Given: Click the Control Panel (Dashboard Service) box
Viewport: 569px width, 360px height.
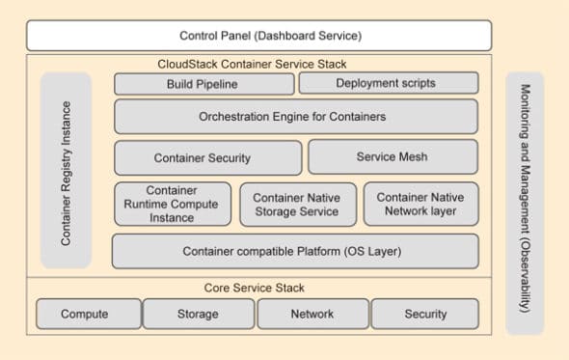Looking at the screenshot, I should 272,36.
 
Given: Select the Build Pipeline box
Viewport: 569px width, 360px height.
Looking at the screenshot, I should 203,84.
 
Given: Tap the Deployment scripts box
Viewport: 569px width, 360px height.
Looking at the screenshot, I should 388,84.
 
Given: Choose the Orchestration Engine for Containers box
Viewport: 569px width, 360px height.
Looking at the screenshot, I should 295,117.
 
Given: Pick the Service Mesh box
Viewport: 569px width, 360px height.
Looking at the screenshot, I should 393,157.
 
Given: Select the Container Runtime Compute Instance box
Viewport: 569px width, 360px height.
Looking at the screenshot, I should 173,204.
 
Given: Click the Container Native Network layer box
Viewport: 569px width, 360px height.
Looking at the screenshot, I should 420,204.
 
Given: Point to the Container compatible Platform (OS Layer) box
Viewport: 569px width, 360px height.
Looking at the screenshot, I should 295,251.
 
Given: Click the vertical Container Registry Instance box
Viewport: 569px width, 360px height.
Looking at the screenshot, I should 66,170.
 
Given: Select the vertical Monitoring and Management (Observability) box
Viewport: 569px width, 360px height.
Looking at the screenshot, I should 525,203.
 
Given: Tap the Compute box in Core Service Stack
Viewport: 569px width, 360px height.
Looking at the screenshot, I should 87,314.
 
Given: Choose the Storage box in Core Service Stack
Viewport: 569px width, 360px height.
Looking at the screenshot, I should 198,314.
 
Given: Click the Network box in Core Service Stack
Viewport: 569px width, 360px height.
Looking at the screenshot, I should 313,314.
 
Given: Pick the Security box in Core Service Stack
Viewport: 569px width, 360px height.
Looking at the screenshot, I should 425,314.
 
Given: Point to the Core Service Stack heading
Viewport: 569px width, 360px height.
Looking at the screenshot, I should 256,288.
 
